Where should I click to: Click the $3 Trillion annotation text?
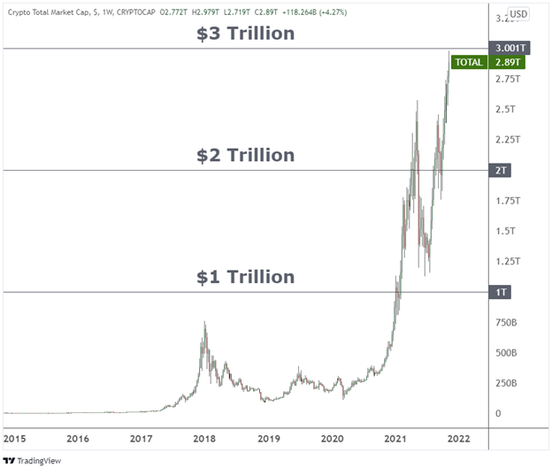(245, 35)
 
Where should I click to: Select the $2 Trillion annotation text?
(245, 156)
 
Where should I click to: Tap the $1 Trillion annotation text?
(245, 277)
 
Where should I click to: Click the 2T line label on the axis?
(500, 170)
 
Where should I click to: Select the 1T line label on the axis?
(500, 292)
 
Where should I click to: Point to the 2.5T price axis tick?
(504, 109)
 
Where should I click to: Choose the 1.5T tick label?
(504, 231)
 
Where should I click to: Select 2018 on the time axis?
(204, 438)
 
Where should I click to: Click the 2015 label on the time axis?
(15, 438)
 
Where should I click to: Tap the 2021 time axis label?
(395, 438)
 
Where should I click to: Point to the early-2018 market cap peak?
(204, 324)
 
